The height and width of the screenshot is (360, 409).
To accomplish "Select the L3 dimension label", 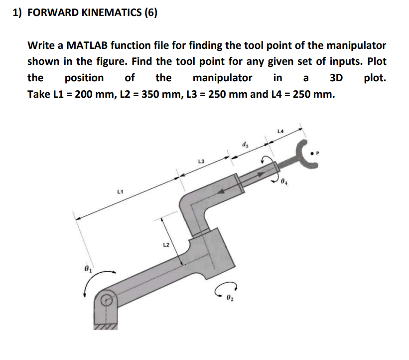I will (x=201, y=162).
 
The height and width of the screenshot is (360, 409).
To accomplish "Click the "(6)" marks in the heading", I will (x=149, y=13).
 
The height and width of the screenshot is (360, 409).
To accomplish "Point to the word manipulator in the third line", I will (x=222, y=78).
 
